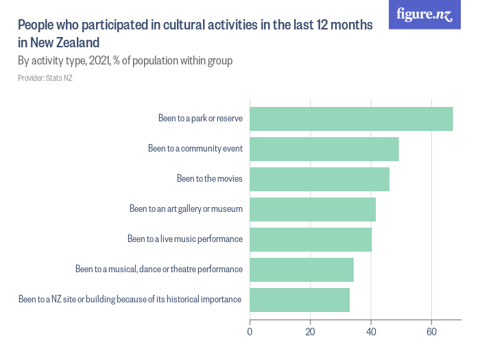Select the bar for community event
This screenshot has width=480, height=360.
324,149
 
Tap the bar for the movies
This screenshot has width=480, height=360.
319,179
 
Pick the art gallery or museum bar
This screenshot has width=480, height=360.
312,209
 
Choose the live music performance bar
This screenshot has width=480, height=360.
310,239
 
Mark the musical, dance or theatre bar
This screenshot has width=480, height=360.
301,269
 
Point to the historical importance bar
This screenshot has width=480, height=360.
300,300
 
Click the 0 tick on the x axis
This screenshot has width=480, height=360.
250,333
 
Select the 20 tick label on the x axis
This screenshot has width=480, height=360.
310,333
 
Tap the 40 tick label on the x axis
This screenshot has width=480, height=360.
371,333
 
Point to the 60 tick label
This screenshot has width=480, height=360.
431,333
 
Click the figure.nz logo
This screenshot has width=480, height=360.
424,14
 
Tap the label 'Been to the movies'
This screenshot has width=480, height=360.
209,179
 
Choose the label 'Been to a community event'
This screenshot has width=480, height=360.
195,149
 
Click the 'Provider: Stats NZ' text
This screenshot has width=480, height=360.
45,78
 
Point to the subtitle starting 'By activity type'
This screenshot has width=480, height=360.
125,61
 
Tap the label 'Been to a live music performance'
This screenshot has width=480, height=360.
185,239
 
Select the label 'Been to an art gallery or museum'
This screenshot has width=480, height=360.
186,209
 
